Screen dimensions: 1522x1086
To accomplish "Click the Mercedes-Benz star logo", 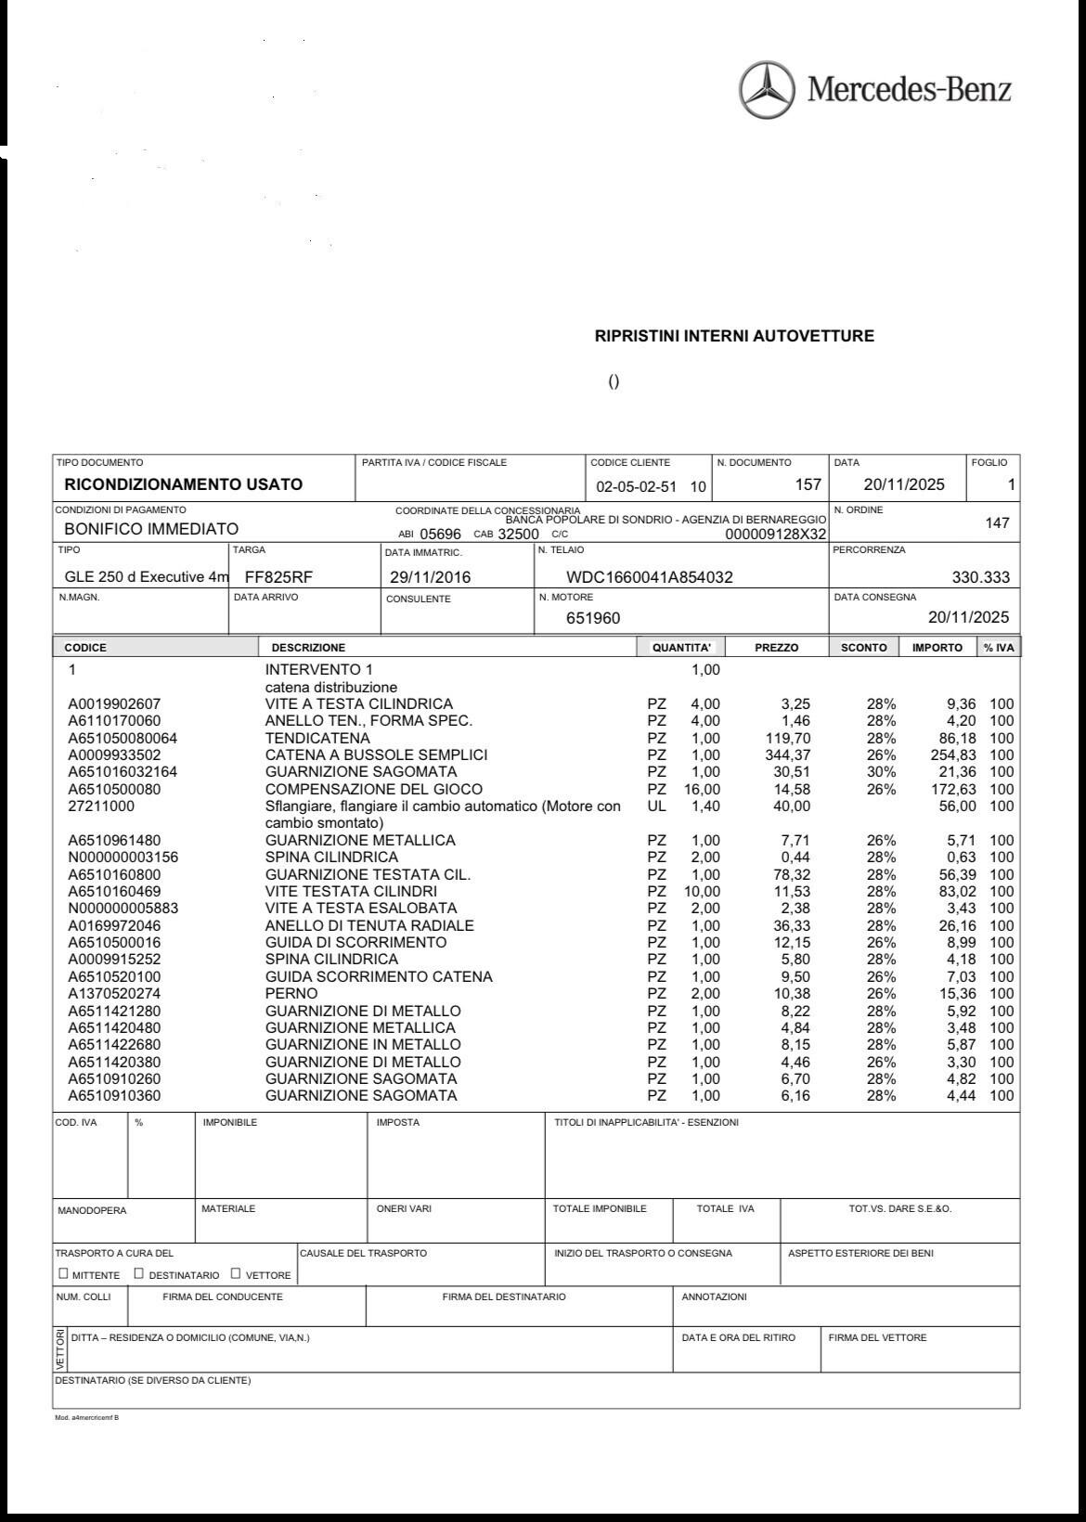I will tap(767, 90).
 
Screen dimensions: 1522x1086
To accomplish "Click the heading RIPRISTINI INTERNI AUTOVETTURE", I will tap(734, 336).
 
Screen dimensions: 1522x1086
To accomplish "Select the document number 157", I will tap(808, 484).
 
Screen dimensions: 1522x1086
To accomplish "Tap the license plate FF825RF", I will tap(278, 577).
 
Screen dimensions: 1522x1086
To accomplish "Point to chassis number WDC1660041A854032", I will tap(650, 577).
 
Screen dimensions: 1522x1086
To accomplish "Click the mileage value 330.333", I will tap(980, 577).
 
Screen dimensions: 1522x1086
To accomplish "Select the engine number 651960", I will tap(593, 618).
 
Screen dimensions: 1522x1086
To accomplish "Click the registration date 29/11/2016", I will tap(430, 577).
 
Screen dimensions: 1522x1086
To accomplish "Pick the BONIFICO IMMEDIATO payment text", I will tap(151, 529).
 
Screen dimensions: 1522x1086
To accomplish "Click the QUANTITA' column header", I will tap(681, 648).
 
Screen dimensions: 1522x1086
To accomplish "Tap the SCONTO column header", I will tap(863, 648).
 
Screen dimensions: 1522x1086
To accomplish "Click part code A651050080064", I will tap(123, 738).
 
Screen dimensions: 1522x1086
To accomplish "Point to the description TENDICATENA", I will tap(317, 738).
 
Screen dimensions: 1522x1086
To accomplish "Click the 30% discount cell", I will tap(881, 772).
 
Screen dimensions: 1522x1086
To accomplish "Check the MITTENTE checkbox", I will tap(63, 1273).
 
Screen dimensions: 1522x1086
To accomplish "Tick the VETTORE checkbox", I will tap(236, 1273).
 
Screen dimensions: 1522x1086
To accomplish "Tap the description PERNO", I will tap(291, 994).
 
